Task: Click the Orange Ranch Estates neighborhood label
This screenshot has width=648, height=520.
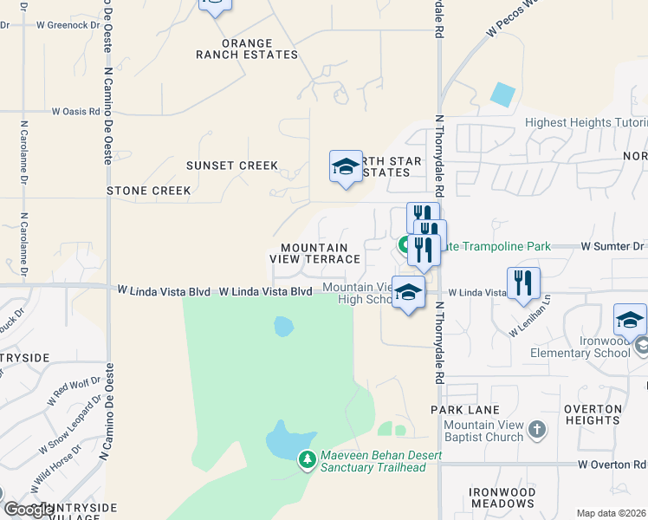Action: [x=234, y=49]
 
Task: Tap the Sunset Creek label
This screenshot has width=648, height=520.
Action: [x=232, y=166]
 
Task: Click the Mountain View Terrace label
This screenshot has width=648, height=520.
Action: [x=320, y=253]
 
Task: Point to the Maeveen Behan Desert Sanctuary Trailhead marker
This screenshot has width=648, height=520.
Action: [x=307, y=459]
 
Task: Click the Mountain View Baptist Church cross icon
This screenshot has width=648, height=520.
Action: [x=537, y=429]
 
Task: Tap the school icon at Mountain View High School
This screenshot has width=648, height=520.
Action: [x=408, y=293]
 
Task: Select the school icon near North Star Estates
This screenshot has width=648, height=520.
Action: [x=346, y=167]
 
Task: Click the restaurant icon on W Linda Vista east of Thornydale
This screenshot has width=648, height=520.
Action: [x=523, y=284]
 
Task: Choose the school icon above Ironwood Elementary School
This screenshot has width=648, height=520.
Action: [x=630, y=320]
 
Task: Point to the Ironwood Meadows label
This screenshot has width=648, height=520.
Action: [x=502, y=497]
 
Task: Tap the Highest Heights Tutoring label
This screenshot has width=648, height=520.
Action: [x=585, y=123]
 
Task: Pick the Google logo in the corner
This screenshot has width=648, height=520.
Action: [x=28, y=510]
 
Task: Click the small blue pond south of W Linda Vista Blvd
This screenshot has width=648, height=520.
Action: [x=283, y=327]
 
